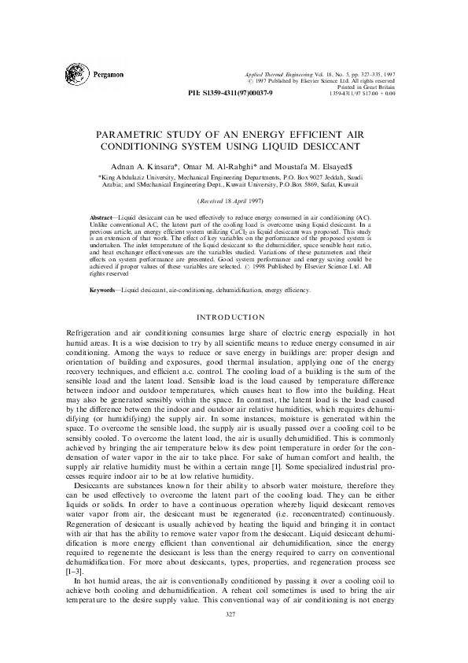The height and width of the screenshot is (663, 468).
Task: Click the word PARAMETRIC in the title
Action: (x=146, y=135)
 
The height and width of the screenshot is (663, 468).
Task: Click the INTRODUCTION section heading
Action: (x=233, y=317)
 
